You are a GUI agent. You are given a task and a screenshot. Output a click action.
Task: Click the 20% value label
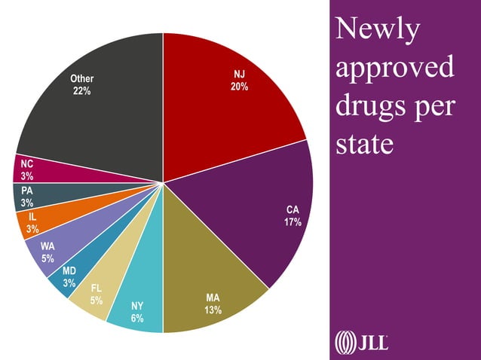[x=240, y=87]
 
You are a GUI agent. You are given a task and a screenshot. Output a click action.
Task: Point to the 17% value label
[x=293, y=222]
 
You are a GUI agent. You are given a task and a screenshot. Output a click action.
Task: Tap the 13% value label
[x=213, y=310]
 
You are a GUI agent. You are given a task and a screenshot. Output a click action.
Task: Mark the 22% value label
[x=82, y=91]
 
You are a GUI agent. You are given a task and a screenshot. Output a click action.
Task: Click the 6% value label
[x=136, y=317]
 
